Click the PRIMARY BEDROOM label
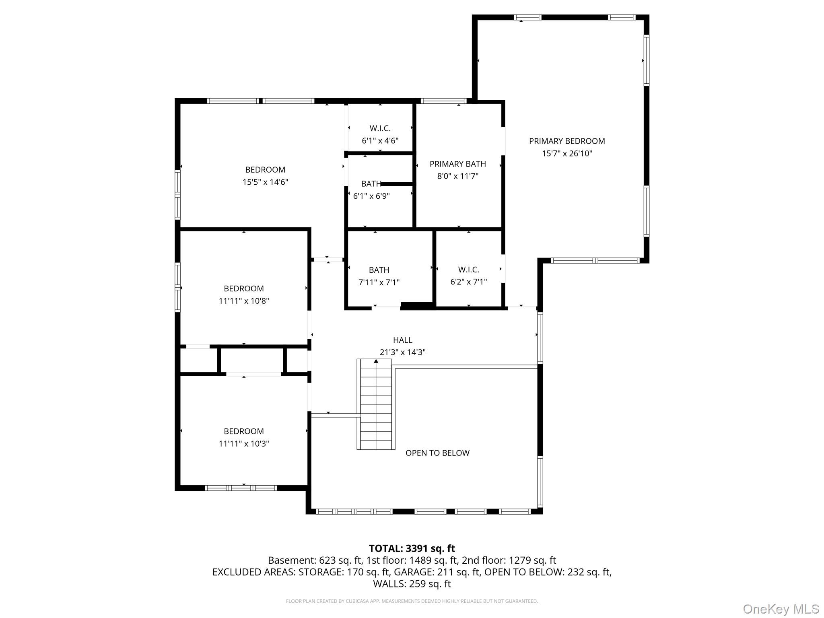(x=566, y=141)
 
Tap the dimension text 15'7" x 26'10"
(x=566, y=153)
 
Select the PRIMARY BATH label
(x=457, y=164)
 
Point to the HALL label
(x=402, y=340)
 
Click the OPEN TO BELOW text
(x=437, y=453)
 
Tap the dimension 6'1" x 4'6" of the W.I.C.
(x=380, y=141)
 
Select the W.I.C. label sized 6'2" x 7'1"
(x=468, y=270)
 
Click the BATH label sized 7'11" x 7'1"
(x=379, y=270)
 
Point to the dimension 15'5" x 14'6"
(x=265, y=182)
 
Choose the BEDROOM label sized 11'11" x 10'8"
(x=244, y=288)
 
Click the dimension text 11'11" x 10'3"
(x=244, y=444)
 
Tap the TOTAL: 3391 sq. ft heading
(x=412, y=548)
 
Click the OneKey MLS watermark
(x=781, y=609)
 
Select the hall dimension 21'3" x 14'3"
(x=402, y=352)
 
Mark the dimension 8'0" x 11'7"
(x=457, y=176)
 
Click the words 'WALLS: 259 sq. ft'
(x=412, y=584)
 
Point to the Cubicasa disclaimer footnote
(x=412, y=601)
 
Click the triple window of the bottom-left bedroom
(x=241, y=488)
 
